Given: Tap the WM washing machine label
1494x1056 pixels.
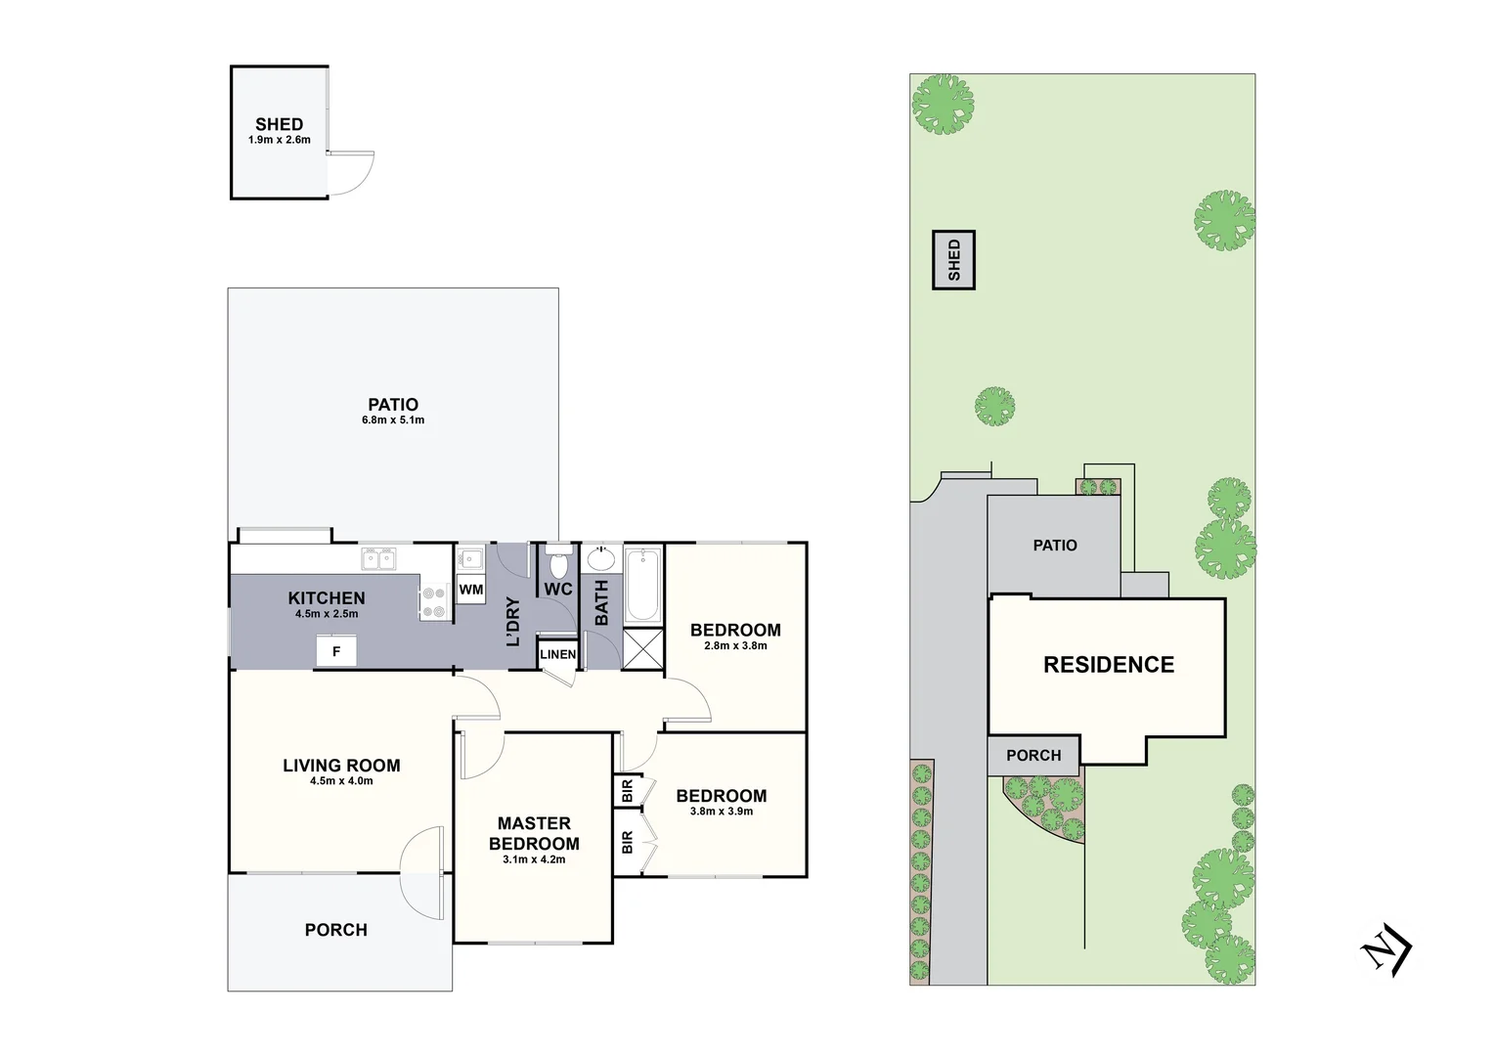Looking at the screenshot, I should (x=471, y=590).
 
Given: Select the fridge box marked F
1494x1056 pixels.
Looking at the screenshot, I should (x=336, y=650).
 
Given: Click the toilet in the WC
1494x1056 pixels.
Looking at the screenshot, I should (x=558, y=564).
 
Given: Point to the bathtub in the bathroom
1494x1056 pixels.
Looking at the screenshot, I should (x=642, y=585).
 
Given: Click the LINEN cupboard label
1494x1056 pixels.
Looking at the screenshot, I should (x=558, y=654).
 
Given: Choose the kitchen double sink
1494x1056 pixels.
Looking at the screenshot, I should (x=378, y=558).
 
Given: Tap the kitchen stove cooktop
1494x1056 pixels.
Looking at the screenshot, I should (x=433, y=601).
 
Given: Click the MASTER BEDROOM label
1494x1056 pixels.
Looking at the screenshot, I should (x=534, y=833).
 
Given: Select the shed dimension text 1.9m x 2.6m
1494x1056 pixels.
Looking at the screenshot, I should (x=279, y=140).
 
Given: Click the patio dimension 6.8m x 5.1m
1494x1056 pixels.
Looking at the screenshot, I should (x=393, y=420).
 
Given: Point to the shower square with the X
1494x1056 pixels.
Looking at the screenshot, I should (x=642, y=648).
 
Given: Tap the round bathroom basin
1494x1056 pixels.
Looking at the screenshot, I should (x=600, y=559).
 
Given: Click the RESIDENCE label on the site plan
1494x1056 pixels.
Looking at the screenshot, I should (x=1109, y=665).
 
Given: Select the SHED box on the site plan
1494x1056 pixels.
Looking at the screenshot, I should (x=954, y=260).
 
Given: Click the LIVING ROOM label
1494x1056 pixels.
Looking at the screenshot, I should (x=341, y=766).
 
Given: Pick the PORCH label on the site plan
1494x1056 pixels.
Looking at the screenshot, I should (x=1033, y=756).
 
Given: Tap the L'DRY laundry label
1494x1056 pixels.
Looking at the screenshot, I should (x=512, y=621).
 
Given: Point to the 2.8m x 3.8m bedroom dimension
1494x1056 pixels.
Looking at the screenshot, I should (x=735, y=645).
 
